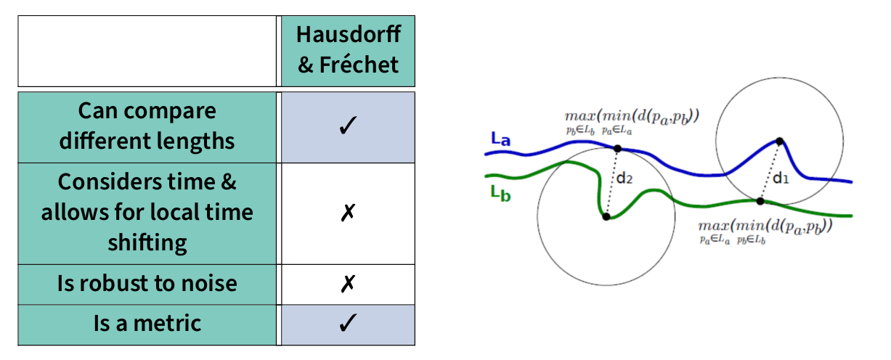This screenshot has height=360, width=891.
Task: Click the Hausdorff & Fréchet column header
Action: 349,51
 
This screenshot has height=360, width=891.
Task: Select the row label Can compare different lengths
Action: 147,126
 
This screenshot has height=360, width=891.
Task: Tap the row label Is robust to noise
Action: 147,283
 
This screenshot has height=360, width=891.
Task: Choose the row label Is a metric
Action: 147,323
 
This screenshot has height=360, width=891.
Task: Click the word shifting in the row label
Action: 147,243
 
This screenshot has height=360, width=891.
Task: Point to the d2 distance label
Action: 624,179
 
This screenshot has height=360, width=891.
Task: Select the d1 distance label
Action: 781,177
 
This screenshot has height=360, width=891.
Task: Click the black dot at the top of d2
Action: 618,149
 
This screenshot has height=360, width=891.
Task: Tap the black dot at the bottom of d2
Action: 606,216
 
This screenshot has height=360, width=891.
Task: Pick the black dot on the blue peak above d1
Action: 779,141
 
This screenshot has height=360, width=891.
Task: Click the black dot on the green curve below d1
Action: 761,201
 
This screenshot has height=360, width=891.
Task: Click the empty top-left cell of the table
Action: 147,51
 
